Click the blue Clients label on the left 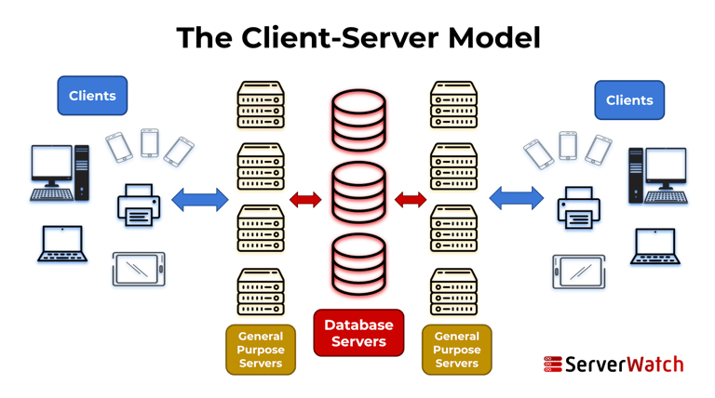click(x=92, y=96)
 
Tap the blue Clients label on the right click(x=629, y=100)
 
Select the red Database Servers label click(x=358, y=333)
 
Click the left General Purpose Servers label click(x=261, y=350)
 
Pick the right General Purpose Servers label click(x=456, y=350)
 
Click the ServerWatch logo click(x=614, y=364)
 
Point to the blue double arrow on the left click(x=200, y=199)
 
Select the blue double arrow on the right click(x=516, y=198)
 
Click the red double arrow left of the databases click(x=305, y=199)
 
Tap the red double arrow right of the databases click(x=411, y=199)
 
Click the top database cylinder click(x=358, y=120)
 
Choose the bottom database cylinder click(x=358, y=265)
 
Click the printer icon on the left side click(x=139, y=206)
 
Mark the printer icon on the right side click(x=577, y=207)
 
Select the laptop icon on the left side click(x=62, y=245)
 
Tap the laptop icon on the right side click(x=654, y=247)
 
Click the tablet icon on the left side click(x=139, y=269)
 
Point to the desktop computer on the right click(x=657, y=175)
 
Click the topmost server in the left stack click(x=260, y=105)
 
